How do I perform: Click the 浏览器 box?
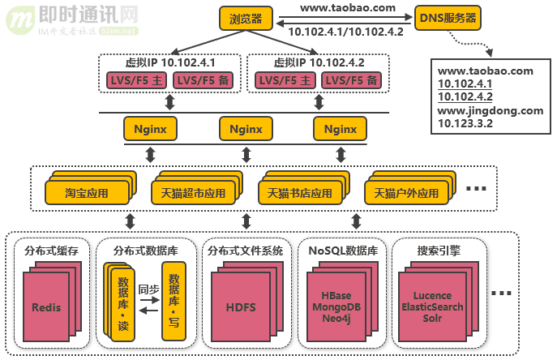(x=246, y=18)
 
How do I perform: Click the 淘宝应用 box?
(x=87, y=194)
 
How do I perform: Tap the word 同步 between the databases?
(x=148, y=289)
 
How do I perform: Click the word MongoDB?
(x=336, y=307)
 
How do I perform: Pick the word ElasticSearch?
(x=432, y=307)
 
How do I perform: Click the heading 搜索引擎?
(x=438, y=251)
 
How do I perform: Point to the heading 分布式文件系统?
(x=245, y=251)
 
